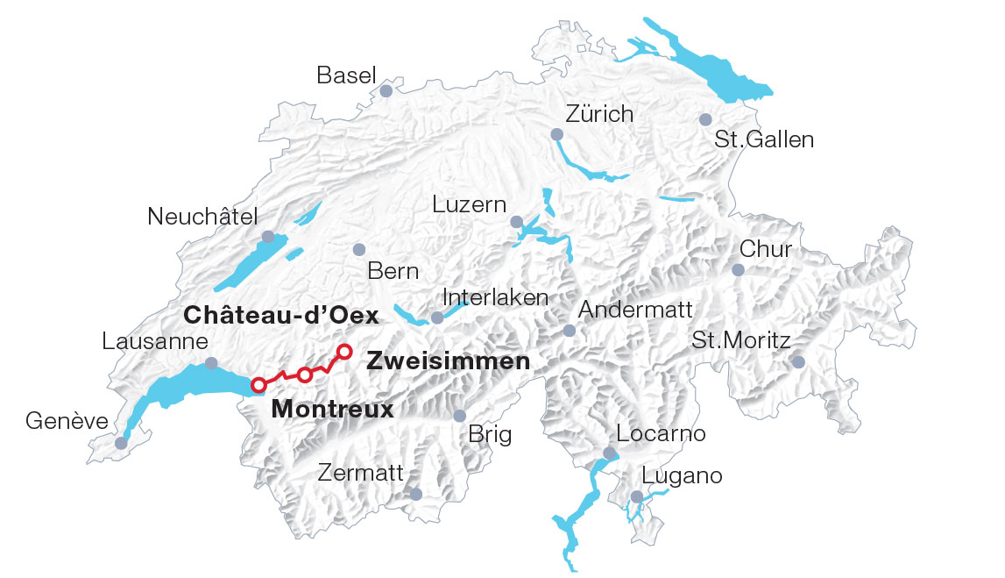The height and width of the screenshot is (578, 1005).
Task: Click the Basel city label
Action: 346,75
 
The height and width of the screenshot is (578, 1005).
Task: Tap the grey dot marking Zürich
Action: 556,134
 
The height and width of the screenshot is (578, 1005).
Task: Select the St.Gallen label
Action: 764,139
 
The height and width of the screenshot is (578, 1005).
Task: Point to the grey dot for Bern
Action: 358,250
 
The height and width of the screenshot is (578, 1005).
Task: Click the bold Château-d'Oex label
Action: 280,316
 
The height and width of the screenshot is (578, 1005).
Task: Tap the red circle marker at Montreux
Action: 258,384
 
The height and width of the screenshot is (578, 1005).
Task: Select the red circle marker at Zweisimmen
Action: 344,352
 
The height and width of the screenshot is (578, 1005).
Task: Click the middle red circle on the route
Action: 304,375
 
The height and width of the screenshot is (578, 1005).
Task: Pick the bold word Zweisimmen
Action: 449,361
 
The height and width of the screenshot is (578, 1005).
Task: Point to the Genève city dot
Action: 121,443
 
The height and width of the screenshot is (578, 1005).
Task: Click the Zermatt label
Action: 360,475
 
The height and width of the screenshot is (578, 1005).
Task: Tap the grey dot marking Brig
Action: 459,416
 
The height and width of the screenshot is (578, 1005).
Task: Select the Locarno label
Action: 661,433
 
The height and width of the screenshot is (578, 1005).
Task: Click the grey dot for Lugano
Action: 637,497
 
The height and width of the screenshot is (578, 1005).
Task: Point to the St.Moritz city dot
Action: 797,361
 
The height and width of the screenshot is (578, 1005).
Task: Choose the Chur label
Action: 766,249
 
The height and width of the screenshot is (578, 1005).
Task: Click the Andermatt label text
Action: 635,310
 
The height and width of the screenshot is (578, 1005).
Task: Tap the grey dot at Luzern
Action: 516,222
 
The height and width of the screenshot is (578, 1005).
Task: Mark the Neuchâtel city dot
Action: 267,237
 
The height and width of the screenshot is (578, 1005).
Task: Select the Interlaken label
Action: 495,297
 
